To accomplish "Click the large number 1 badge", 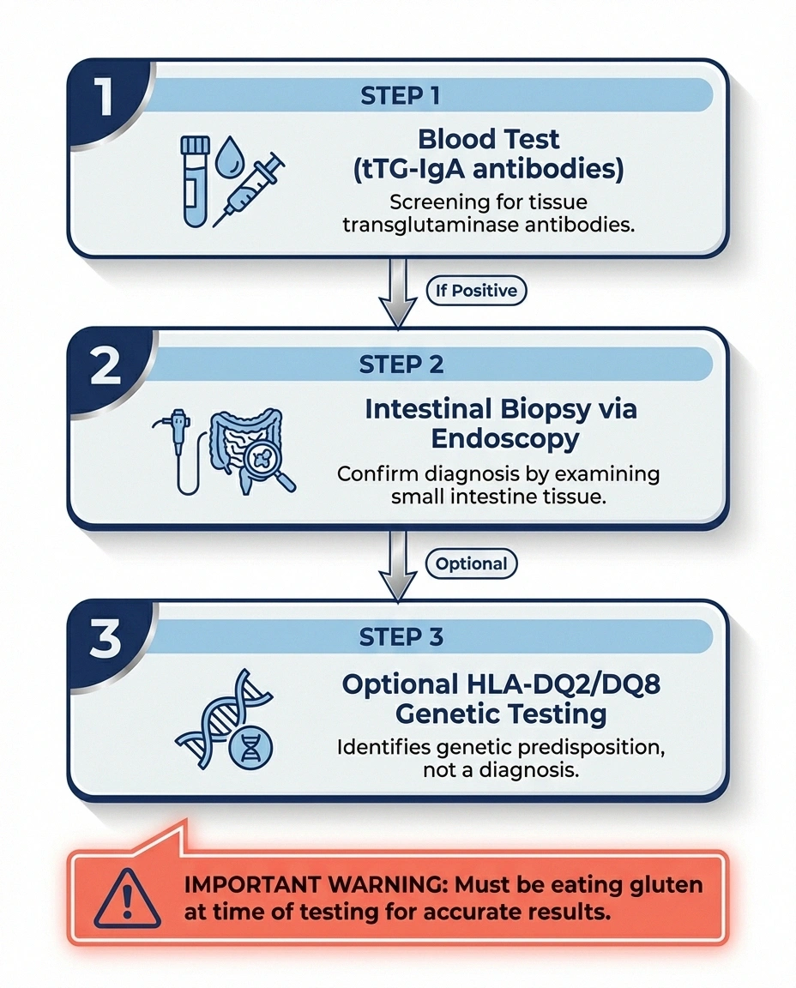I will click(105, 97).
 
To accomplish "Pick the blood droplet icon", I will click(227, 155).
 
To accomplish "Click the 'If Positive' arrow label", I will click(476, 291).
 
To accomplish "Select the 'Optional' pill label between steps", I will click(472, 563).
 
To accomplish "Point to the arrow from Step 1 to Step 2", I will click(397, 292).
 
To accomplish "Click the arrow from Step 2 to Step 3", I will click(397, 563).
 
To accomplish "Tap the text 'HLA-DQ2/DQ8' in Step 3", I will click(557, 685).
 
